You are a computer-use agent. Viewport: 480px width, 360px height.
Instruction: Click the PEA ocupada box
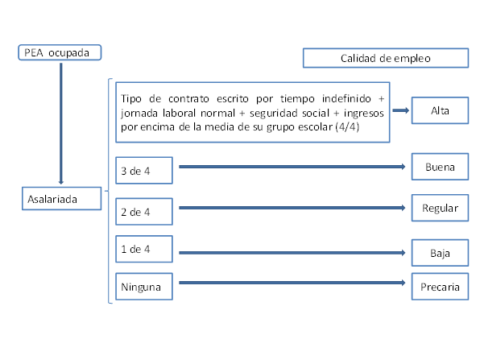pyautogui.click(x=60, y=52)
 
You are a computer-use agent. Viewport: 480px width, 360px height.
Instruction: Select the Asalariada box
pyautogui.click(x=61, y=198)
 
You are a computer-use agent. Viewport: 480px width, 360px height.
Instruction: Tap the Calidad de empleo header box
pyautogui.click(x=386, y=58)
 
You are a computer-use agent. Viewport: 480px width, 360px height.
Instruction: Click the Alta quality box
pyautogui.click(x=440, y=110)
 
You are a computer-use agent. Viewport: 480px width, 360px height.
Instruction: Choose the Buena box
pyautogui.click(x=440, y=167)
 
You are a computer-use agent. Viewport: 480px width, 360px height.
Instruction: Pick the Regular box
pyautogui.click(x=440, y=208)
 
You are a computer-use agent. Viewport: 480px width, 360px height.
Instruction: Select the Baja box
pyautogui.click(x=440, y=253)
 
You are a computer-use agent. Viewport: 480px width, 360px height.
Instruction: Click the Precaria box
pyautogui.click(x=440, y=287)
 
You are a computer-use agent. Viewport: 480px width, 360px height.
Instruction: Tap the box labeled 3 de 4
pyautogui.click(x=144, y=171)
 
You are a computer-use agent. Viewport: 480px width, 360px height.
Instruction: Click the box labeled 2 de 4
pyautogui.click(x=144, y=212)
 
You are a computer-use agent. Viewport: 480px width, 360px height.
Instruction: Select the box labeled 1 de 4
pyautogui.click(x=144, y=249)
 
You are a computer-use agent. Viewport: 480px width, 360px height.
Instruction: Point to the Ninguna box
pyautogui.click(x=144, y=287)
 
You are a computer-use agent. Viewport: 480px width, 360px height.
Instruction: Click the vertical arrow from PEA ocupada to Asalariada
pyautogui.click(x=61, y=124)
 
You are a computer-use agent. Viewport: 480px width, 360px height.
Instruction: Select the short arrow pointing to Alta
pyautogui.click(x=401, y=110)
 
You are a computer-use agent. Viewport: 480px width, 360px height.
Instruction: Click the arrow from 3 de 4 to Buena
pyautogui.click(x=292, y=167)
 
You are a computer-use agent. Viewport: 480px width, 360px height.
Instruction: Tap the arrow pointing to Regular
pyautogui.click(x=292, y=208)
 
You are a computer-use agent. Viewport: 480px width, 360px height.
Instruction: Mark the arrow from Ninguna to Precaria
pyautogui.click(x=292, y=283)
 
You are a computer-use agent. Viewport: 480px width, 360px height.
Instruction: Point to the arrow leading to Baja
pyautogui.click(x=292, y=253)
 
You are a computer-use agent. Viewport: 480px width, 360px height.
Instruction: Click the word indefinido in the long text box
pyautogui.click(x=346, y=98)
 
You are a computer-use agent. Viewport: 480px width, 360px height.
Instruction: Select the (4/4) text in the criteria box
pyautogui.click(x=347, y=126)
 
